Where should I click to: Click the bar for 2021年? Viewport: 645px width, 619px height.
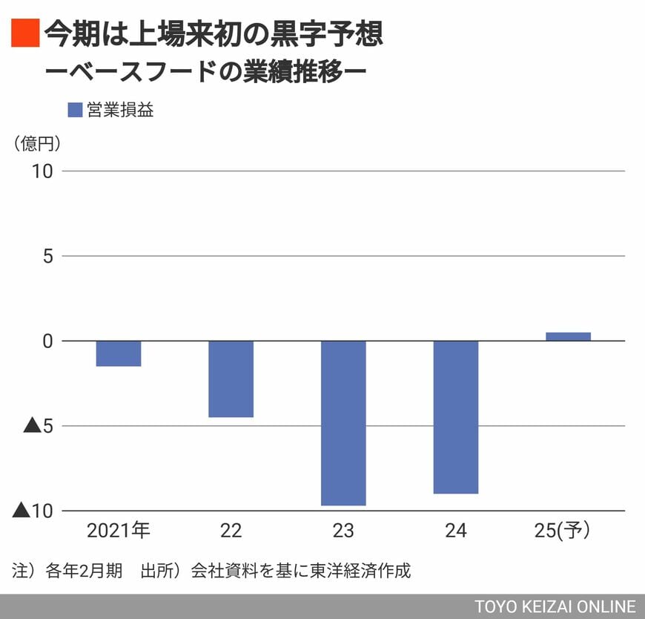coord(119,353)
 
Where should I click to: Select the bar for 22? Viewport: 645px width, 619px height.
coord(231,379)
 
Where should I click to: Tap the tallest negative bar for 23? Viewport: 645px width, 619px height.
coord(343,423)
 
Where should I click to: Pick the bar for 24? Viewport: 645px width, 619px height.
coord(456,417)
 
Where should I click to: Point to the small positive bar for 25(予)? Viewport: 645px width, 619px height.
coord(568,336)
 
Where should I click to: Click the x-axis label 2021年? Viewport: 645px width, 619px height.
coord(119,530)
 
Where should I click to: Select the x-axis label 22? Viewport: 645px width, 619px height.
coord(231,530)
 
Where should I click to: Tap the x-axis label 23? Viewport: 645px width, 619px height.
coord(343,530)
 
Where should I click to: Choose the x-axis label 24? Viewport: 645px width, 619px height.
coord(456,530)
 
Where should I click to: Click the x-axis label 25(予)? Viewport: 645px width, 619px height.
coord(568,530)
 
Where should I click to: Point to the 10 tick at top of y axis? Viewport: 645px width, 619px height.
coord(42,171)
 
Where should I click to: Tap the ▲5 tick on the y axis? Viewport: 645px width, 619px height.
coord(38,426)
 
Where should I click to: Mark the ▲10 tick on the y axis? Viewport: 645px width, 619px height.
coord(33,511)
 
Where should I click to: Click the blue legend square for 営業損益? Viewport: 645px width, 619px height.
coord(75,110)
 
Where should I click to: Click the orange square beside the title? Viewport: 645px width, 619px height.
coord(24,33)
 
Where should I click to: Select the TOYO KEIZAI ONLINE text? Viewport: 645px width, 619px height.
coord(555,606)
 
